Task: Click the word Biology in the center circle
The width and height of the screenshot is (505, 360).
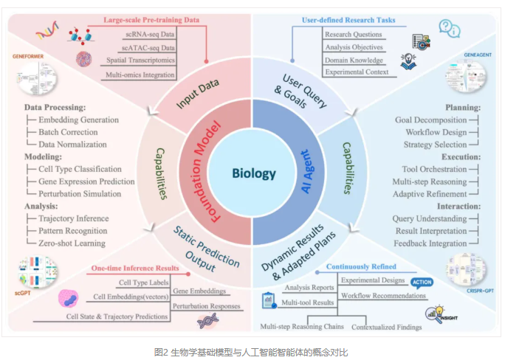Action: coord(253,174)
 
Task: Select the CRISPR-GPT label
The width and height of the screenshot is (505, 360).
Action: coord(470,293)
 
